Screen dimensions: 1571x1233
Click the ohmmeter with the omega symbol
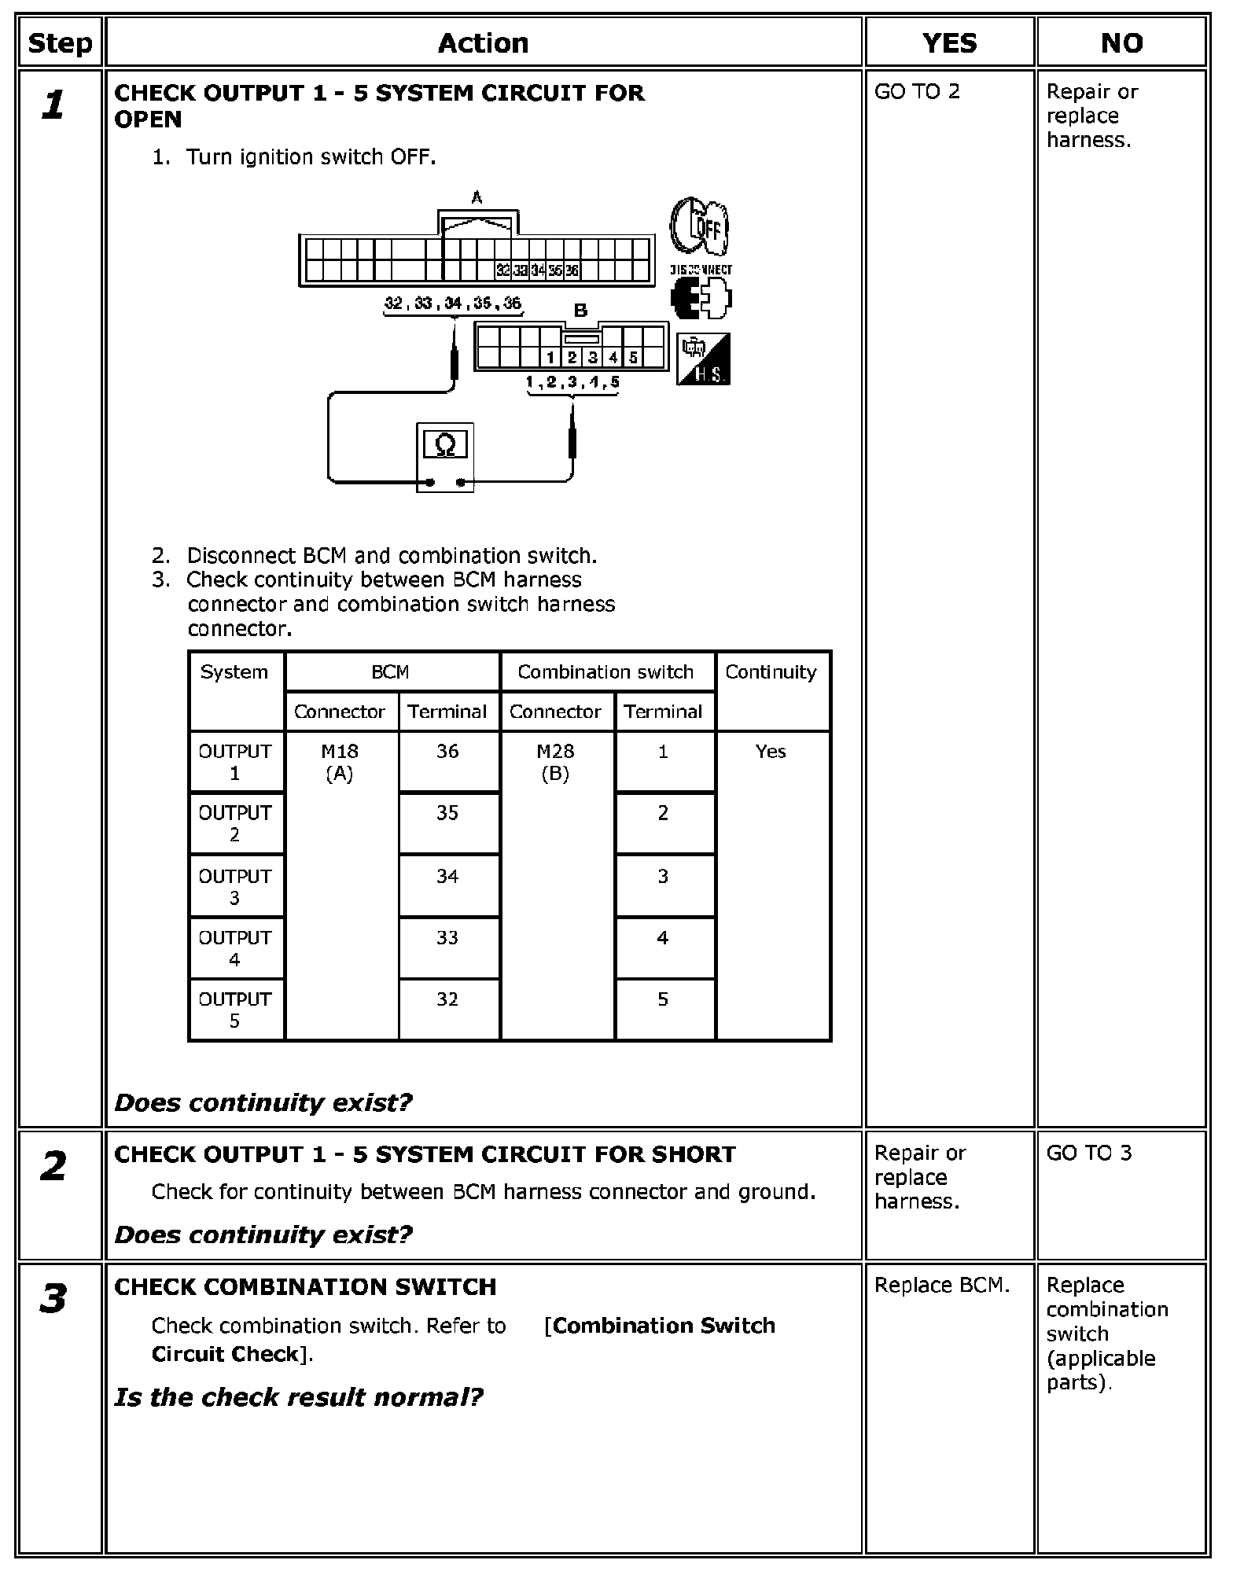coord(444,457)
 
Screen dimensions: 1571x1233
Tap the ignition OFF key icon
coord(699,226)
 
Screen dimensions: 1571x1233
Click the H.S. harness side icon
coord(703,359)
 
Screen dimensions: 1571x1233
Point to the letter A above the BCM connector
coord(477,198)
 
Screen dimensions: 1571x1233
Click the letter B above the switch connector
coord(580,311)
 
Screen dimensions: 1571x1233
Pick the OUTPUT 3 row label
coord(235,886)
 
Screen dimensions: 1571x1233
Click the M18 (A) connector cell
coord(340,762)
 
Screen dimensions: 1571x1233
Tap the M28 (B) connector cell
coord(555,762)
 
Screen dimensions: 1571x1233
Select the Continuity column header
coord(771,672)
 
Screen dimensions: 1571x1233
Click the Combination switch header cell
coord(605,672)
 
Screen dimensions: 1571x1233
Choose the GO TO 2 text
coord(917,92)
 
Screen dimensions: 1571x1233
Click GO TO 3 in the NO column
coord(1089,1153)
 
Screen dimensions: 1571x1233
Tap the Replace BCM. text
coord(941,1286)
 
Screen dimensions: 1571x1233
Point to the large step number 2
coord(53,1167)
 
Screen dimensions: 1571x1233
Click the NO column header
coord(1121,43)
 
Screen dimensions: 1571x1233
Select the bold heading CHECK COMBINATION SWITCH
coord(305,1287)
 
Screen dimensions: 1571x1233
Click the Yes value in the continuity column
coord(771,752)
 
